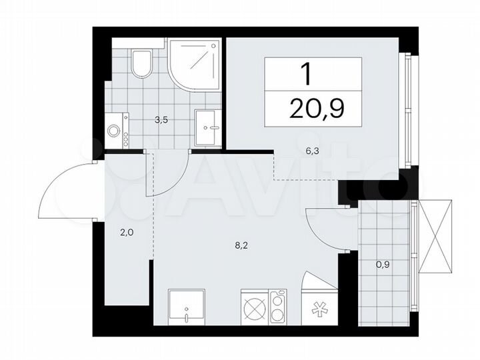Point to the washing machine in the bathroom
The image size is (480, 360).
[x=118, y=130]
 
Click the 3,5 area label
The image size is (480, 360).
[x=161, y=121]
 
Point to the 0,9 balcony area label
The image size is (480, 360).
[x=383, y=264]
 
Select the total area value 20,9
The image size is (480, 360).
[x=316, y=107]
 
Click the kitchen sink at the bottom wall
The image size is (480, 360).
[x=187, y=307]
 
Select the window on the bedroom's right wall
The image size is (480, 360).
[x=406, y=110]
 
